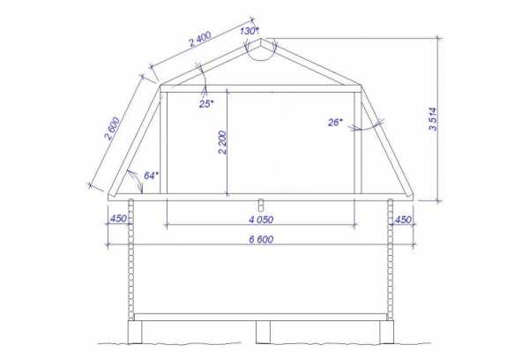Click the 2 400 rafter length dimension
[x=200, y=39]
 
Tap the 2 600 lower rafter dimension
[x=112, y=129]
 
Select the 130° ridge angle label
[x=250, y=31]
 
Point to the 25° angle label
[x=206, y=104]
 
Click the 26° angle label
[x=335, y=123]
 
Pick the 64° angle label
[x=151, y=176]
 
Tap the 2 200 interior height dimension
[x=222, y=142]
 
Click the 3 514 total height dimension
[x=433, y=119]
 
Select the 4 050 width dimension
[x=261, y=220]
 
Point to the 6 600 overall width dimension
[x=261, y=239]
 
